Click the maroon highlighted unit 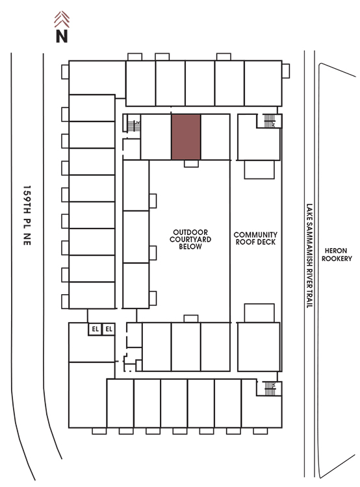click(186, 137)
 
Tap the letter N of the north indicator click(62, 36)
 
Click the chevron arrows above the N click(62, 19)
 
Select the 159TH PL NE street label click(27, 216)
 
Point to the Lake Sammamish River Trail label click(309, 256)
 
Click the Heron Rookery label click(337, 255)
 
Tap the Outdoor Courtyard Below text click(190, 239)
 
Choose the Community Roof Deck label click(255, 238)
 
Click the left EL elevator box click(95, 329)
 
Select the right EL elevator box click(109, 329)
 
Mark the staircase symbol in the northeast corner click(270, 121)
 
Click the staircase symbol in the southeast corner click(270, 388)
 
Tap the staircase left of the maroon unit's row click(134, 126)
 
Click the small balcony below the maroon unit click(191, 164)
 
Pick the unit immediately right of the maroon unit click(216, 137)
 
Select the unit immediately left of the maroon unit click(156, 137)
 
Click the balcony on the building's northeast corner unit click(286, 71)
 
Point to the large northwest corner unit click(97, 78)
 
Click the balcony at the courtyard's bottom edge click(191, 319)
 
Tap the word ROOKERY click(337, 258)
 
